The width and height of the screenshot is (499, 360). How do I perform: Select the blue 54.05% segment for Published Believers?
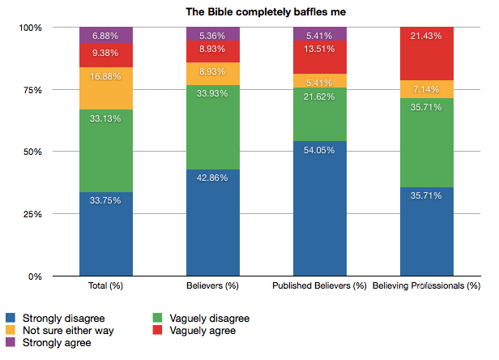point(320,208)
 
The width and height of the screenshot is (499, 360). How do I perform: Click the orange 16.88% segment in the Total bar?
point(106,88)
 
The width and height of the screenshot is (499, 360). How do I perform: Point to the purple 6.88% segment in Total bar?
point(106,35)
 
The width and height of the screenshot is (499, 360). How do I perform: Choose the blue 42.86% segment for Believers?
point(213,223)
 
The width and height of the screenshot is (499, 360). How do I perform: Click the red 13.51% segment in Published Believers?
point(320,57)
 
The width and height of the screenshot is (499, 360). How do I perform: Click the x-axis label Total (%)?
point(106,286)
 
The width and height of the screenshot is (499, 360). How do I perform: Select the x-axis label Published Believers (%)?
point(320,286)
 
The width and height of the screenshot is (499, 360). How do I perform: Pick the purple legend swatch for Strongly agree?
point(11,342)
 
